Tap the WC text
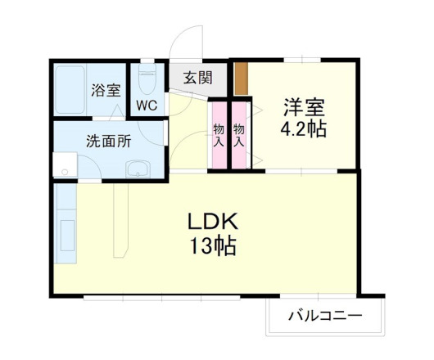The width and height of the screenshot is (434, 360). [147, 105]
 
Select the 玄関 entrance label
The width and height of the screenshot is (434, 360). [197, 79]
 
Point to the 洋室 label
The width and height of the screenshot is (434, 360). [305, 106]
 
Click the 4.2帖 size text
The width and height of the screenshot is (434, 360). [305, 128]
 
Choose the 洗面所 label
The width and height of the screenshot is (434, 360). [109, 140]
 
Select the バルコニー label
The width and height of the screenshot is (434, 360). [325, 316]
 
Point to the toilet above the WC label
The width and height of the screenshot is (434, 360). [148, 81]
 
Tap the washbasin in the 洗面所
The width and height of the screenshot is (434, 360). [138, 169]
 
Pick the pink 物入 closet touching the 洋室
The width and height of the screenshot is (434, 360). [239, 133]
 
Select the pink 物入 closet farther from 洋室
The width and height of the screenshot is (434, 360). [219, 133]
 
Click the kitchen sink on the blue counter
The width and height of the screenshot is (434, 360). [66, 233]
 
